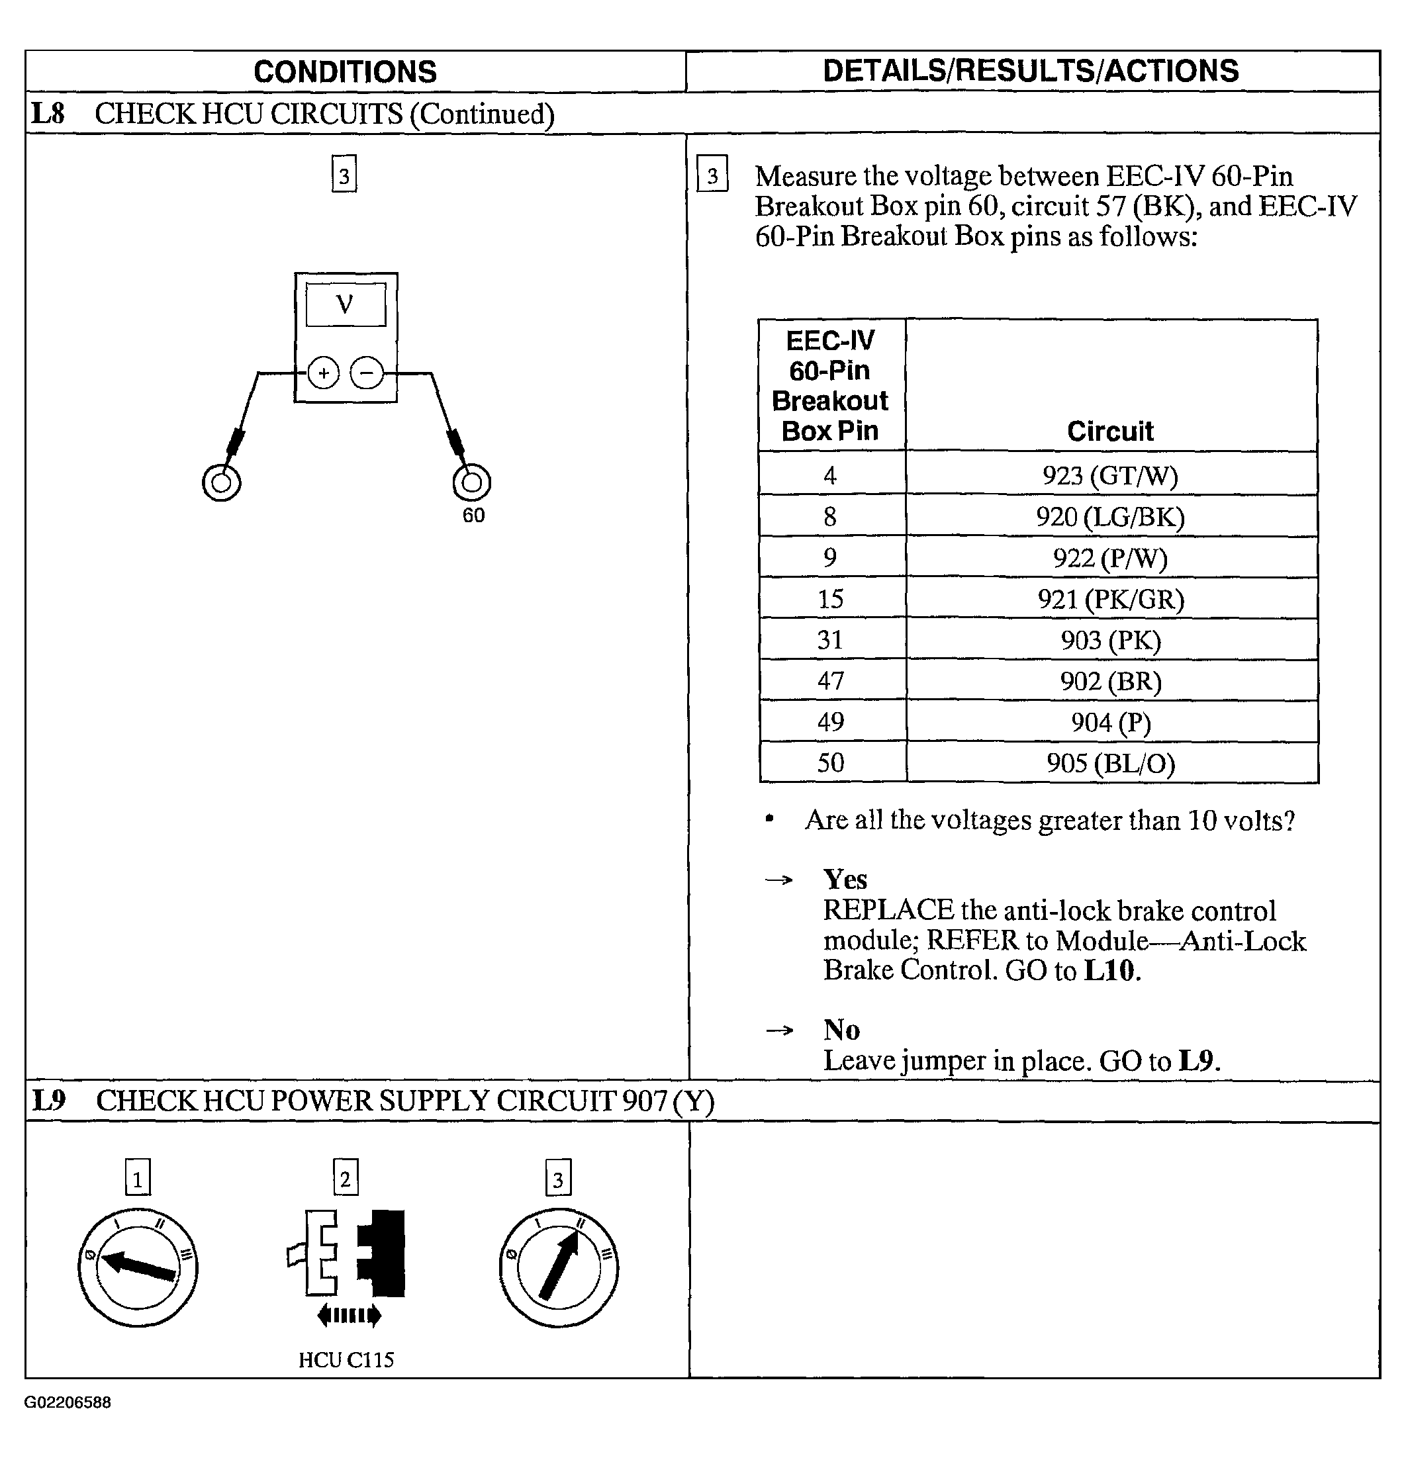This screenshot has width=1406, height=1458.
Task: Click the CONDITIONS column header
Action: click(345, 72)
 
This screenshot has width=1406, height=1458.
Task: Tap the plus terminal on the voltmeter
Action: click(324, 373)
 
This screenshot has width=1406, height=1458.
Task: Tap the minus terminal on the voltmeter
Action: click(367, 373)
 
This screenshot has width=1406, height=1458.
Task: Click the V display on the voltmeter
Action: click(345, 304)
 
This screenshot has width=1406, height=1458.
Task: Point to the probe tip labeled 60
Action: click(471, 482)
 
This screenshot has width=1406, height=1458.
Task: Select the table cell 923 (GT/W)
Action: click(1110, 475)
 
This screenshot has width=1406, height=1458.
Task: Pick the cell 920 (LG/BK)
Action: click(1110, 516)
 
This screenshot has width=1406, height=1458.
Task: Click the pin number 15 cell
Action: click(830, 599)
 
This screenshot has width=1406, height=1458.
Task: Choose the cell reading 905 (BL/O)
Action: click(1110, 763)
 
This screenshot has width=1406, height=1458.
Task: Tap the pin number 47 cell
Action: click(830, 680)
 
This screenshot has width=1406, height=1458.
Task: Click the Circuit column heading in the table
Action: click(1110, 432)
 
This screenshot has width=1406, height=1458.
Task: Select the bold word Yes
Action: click(845, 880)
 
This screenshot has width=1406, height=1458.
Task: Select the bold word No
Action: click(841, 1030)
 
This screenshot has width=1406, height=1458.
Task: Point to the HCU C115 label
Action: click(346, 1360)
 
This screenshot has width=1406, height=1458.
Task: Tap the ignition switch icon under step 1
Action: click(138, 1267)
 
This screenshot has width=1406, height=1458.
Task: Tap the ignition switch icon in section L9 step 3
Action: click(559, 1267)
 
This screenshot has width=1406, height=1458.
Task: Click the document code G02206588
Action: click(68, 1402)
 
